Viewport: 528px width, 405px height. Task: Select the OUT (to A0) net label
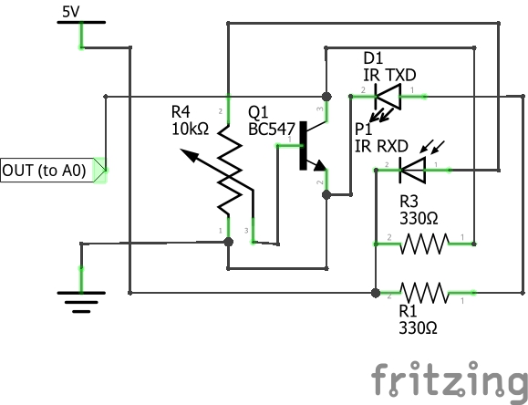coord(51,170)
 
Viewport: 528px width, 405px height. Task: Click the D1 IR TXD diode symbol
coord(390,92)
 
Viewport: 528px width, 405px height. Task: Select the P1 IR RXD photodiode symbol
coord(413,168)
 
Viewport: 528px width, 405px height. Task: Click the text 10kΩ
coord(191,129)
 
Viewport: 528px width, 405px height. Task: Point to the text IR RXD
coord(382,145)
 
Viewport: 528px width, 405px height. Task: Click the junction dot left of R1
coord(376,293)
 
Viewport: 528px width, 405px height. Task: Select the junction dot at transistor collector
coord(325,95)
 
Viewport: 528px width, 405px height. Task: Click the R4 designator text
coord(182,112)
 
